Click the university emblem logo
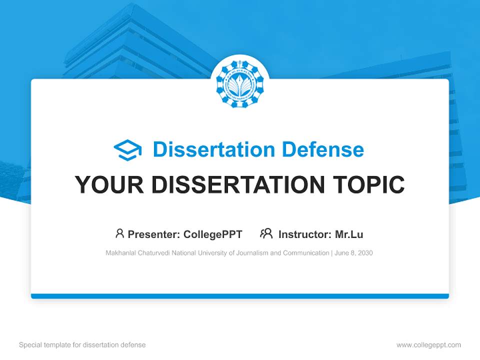240,84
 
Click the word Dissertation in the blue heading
213,149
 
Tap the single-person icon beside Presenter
119,233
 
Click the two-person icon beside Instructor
266,233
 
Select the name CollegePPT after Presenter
212,234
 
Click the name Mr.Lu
349,234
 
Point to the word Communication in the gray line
306,253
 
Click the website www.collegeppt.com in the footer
428,345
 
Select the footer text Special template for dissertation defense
82,345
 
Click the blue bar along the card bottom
240,296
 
